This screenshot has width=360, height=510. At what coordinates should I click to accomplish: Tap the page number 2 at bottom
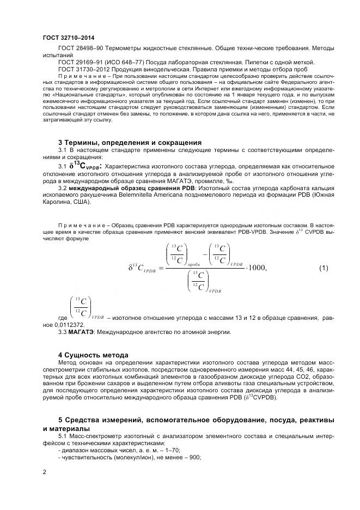pyautogui.click(x=44, y=472)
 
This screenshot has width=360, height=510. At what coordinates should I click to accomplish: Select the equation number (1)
pyautogui.click(x=323, y=268)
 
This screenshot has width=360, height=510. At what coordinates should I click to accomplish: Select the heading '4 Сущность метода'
pyautogui.click(x=93, y=354)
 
